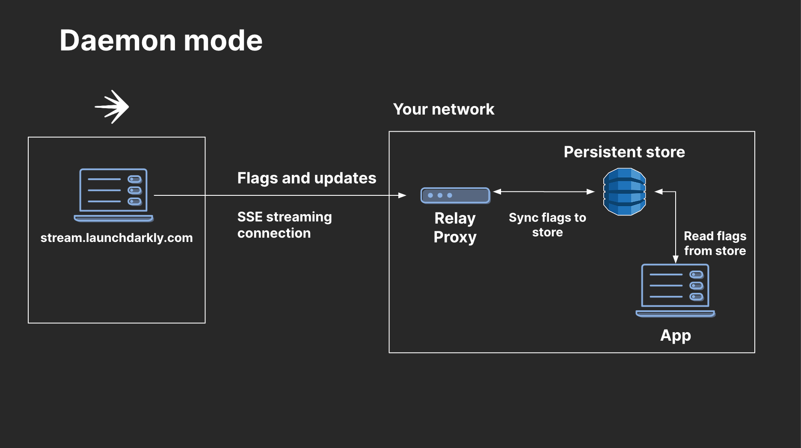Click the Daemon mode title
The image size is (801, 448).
(x=161, y=41)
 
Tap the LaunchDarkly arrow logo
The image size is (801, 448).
(x=112, y=107)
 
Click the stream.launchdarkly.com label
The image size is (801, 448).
(x=116, y=238)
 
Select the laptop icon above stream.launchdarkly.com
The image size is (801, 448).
(x=113, y=195)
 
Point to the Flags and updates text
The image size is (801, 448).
(x=306, y=178)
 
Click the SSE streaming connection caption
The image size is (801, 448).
(x=284, y=225)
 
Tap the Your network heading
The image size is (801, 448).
(x=443, y=109)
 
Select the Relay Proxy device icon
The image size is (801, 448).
(x=455, y=195)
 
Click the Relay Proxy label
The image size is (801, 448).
(x=455, y=227)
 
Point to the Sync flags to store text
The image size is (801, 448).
(x=547, y=225)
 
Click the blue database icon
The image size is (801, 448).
(x=624, y=192)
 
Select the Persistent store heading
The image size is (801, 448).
(x=624, y=152)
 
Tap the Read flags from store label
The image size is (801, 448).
(x=715, y=243)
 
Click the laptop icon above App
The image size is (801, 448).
(x=675, y=290)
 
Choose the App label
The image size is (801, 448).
(x=675, y=336)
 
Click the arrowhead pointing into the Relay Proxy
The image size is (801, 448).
(x=402, y=195)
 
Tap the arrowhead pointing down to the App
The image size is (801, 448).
(x=675, y=259)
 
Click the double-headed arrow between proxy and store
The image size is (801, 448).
(x=544, y=192)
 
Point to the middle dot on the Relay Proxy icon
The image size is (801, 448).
(x=440, y=195)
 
